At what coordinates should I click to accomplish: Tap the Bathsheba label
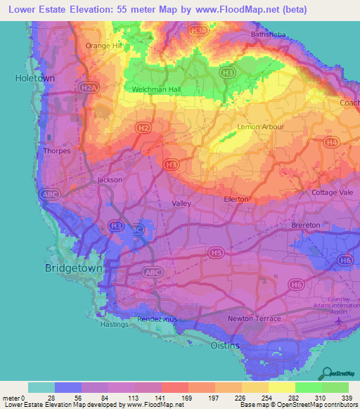tap(268, 34)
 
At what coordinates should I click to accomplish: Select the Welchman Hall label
tap(156, 90)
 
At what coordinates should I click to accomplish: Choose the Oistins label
tap(226, 346)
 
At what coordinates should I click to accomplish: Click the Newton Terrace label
tap(255, 319)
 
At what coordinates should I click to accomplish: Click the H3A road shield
tap(199, 31)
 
